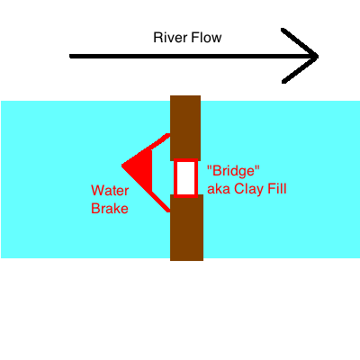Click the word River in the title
(x=170, y=38)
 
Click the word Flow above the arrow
(x=207, y=38)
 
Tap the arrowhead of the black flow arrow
(x=300, y=56)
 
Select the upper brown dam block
(x=185, y=128)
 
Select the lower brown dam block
(x=186, y=228)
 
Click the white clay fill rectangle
(x=185, y=178)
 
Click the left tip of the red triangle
(x=121, y=166)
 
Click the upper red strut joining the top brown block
(x=160, y=141)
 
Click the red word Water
(x=110, y=191)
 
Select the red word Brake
(x=110, y=209)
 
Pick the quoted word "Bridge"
(x=233, y=171)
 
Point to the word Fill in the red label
(x=276, y=189)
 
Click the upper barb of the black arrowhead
(x=300, y=42)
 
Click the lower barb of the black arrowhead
(x=300, y=69)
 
